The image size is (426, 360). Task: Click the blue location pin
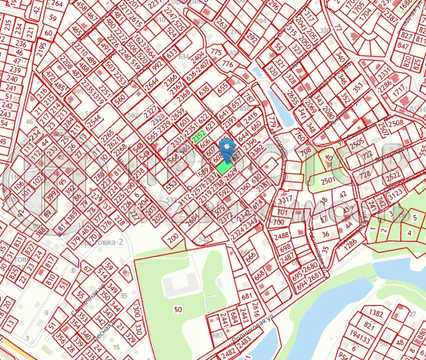coord(227,148)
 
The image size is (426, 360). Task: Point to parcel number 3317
coord(286,199)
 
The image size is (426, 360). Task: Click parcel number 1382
coord(376,313)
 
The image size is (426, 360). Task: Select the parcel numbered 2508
coord(396,123)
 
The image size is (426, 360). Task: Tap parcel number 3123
coord(396,193)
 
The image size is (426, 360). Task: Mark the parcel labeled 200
coord(174,237)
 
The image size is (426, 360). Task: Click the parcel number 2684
coord(193,220)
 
